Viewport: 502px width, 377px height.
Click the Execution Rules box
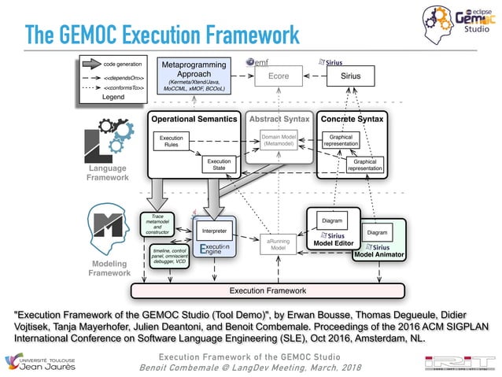pyautogui.click(x=171, y=142)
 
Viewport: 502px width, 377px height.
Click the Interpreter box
pyautogui.click(x=214, y=231)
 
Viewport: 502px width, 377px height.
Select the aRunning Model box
pyautogui.click(x=276, y=244)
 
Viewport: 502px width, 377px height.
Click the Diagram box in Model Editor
pyautogui.click(x=332, y=220)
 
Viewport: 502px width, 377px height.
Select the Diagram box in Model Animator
pyautogui.click(x=377, y=233)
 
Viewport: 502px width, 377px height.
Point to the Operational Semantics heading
pyautogui.click(x=194, y=119)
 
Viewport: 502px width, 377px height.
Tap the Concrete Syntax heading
pyautogui.click(x=353, y=119)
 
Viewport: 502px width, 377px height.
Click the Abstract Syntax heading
pyautogui.click(x=279, y=119)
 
